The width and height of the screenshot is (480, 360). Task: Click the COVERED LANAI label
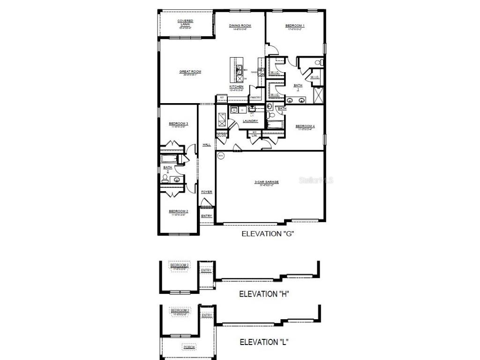(x=185, y=22)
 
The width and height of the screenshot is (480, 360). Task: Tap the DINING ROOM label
(x=240, y=26)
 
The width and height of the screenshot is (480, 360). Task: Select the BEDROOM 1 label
(x=295, y=26)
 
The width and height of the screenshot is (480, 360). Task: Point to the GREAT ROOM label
(x=190, y=72)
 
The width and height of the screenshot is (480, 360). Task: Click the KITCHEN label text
(x=236, y=87)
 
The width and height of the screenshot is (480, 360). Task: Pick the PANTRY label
(x=255, y=97)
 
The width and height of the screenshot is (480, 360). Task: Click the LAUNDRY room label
(x=250, y=121)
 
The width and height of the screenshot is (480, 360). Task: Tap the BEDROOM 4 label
(x=305, y=126)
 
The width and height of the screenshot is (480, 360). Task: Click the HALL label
(x=206, y=145)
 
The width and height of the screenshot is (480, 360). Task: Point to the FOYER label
(x=206, y=192)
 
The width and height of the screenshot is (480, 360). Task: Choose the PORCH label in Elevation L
(x=189, y=347)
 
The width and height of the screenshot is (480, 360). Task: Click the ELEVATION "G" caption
(x=267, y=233)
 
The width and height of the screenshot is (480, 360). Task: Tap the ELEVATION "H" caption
(x=264, y=294)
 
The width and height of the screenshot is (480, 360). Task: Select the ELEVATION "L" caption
(x=264, y=342)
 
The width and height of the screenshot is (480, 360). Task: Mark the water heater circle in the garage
(x=221, y=156)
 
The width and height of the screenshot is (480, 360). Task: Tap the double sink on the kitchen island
(x=239, y=70)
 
